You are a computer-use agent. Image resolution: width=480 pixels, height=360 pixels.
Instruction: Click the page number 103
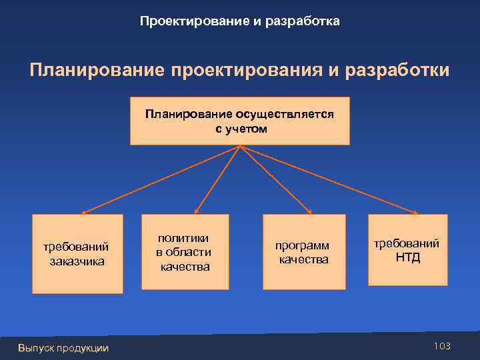(442, 345)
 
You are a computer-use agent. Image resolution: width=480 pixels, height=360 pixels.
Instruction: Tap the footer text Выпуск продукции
(63, 348)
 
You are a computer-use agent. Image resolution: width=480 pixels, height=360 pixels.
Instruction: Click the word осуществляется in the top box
(280, 114)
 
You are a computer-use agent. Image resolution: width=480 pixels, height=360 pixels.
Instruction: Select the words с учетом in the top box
(241, 129)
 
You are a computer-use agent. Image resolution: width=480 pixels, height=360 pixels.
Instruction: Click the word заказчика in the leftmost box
(77, 261)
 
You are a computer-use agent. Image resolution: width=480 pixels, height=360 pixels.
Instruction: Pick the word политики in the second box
(183, 238)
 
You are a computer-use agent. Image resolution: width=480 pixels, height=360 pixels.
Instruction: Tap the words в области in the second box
(183, 252)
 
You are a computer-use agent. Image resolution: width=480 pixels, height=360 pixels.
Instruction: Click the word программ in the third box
(303, 245)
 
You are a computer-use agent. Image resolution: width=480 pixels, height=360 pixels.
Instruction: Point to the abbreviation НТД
(408, 257)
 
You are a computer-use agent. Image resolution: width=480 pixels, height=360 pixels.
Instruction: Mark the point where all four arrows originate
(240, 146)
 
